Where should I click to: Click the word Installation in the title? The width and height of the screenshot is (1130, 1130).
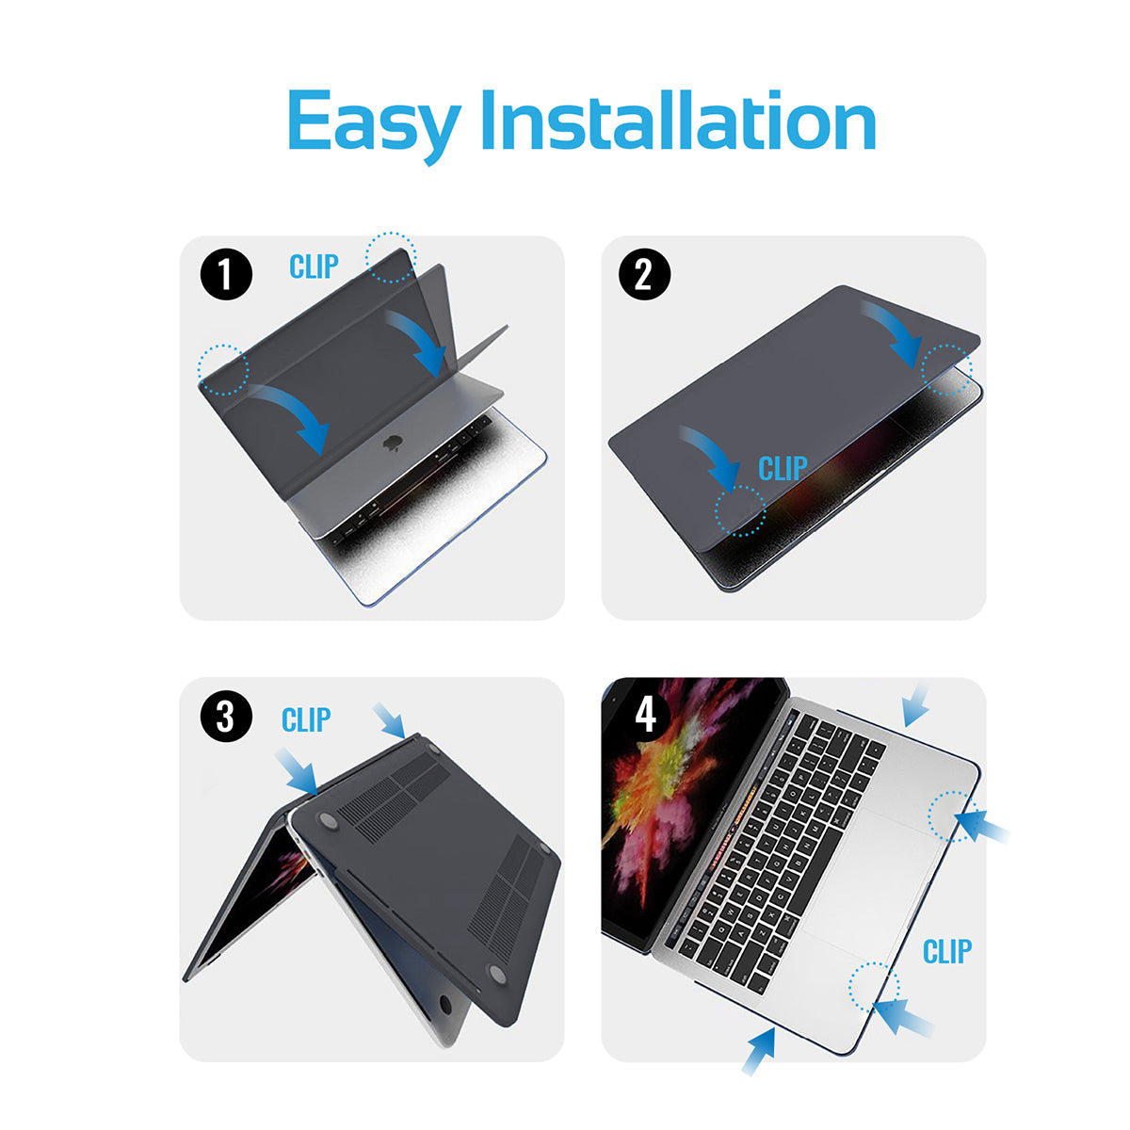click(x=678, y=121)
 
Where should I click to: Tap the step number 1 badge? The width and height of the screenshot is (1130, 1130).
click(x=226, y=274)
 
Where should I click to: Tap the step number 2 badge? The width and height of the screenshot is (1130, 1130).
click(x=644, y=274)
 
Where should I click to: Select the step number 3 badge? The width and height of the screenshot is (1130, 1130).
click(x=226, y=717)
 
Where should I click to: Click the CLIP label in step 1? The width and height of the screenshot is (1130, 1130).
click(x=314, y=266)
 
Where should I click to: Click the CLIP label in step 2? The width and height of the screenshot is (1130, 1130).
click(x=783, y=468)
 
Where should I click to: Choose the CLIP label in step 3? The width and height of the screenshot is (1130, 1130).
click(x=306, y=720)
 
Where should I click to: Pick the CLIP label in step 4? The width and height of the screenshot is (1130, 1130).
click(x=947, y=951)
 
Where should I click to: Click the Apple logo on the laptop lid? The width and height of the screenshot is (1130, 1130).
click(x=391, y=444)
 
